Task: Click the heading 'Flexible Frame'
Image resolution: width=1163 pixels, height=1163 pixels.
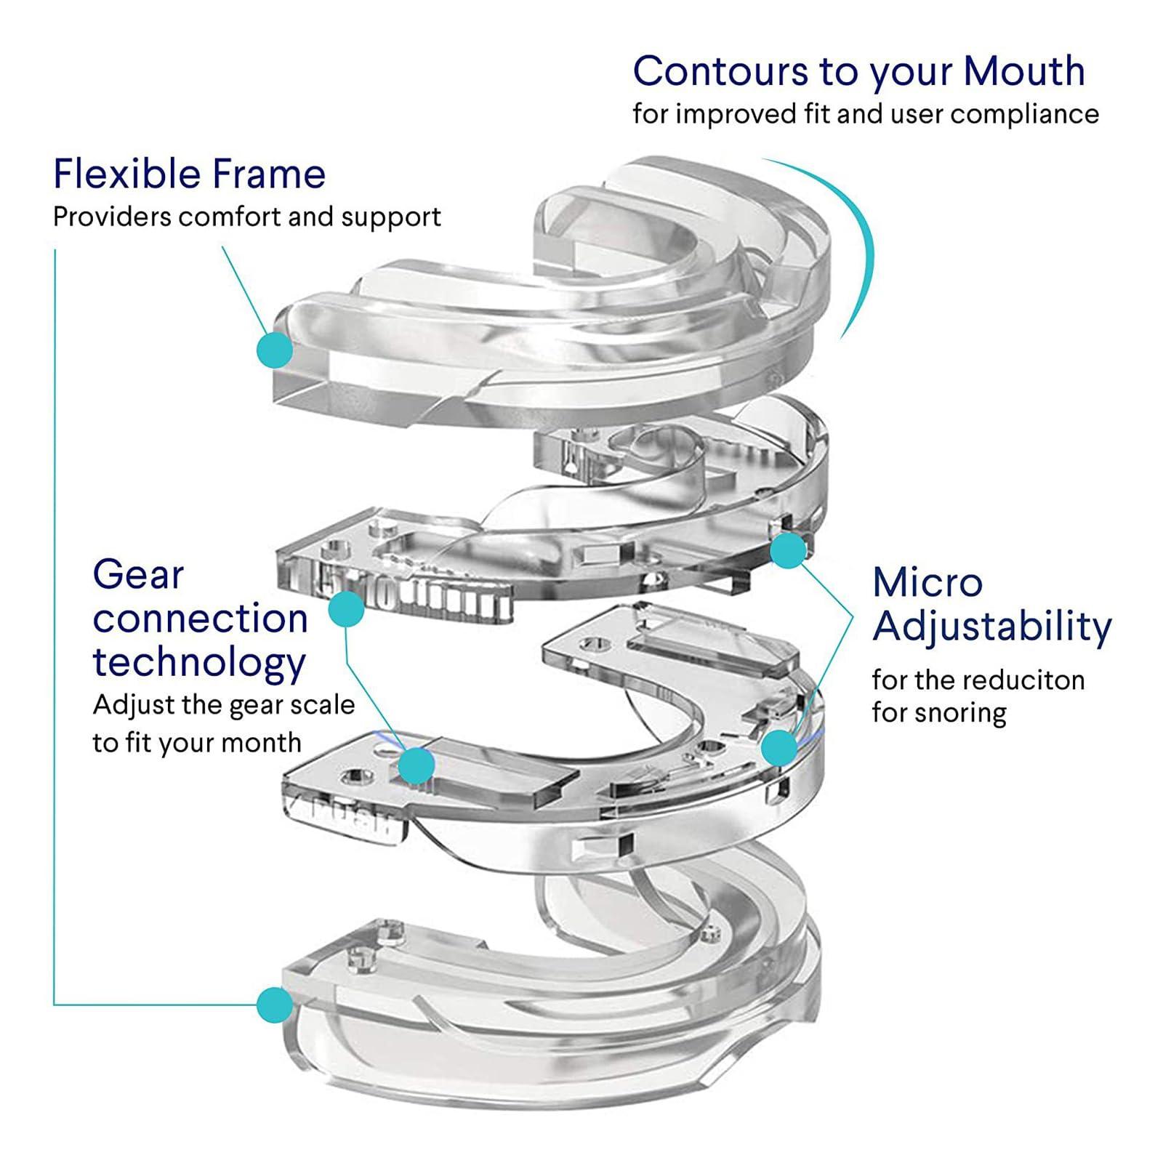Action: point(189,174)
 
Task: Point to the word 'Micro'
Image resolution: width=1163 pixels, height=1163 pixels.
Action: point(927,582)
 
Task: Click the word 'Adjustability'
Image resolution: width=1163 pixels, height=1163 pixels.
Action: point(991,627)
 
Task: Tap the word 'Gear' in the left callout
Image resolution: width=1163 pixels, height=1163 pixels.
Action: point(138,576)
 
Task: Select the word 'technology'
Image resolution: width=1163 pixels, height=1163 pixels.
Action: point(199,663)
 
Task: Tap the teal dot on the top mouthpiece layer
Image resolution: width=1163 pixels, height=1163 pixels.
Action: point(275,350)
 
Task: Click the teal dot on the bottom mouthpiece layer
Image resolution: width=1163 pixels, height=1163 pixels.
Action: point(275,1005)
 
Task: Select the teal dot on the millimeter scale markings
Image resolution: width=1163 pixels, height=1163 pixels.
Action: point(346,609)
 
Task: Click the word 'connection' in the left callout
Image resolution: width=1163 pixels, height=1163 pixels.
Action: point(201,619)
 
